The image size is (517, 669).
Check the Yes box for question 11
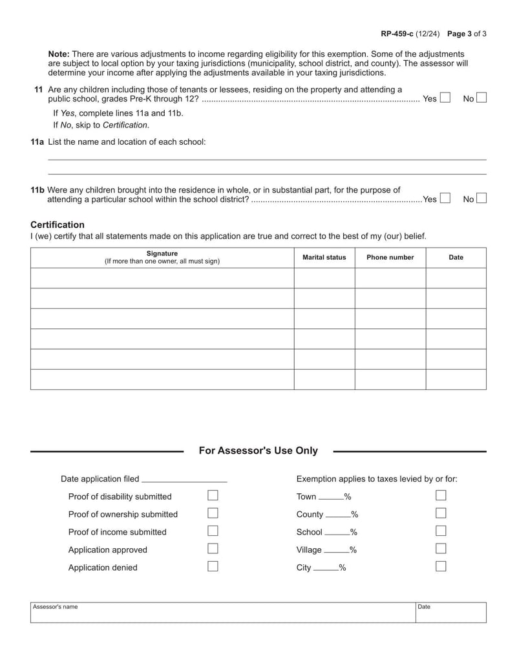point(445,98)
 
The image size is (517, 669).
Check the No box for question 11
point(481,98)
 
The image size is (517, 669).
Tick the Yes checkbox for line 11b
point(445,199)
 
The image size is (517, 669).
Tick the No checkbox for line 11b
point(481,199)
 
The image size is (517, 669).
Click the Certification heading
point(58,225)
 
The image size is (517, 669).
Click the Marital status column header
point(324,257)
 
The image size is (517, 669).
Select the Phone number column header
point(390,257)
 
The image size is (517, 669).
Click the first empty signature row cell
point(162,278)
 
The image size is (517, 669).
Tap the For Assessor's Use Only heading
point(258,451)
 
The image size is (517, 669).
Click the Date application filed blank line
point(184,480)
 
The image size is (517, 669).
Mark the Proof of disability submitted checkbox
point(213,496)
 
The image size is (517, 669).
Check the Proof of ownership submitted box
point(213,514)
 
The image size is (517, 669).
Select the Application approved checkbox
point(213,549)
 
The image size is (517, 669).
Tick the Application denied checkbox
point(213,567)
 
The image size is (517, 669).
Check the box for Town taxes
point(441,496)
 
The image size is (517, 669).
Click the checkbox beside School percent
point(441,531)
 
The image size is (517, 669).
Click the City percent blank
point(331,568)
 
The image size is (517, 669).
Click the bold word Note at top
point(59,54)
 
